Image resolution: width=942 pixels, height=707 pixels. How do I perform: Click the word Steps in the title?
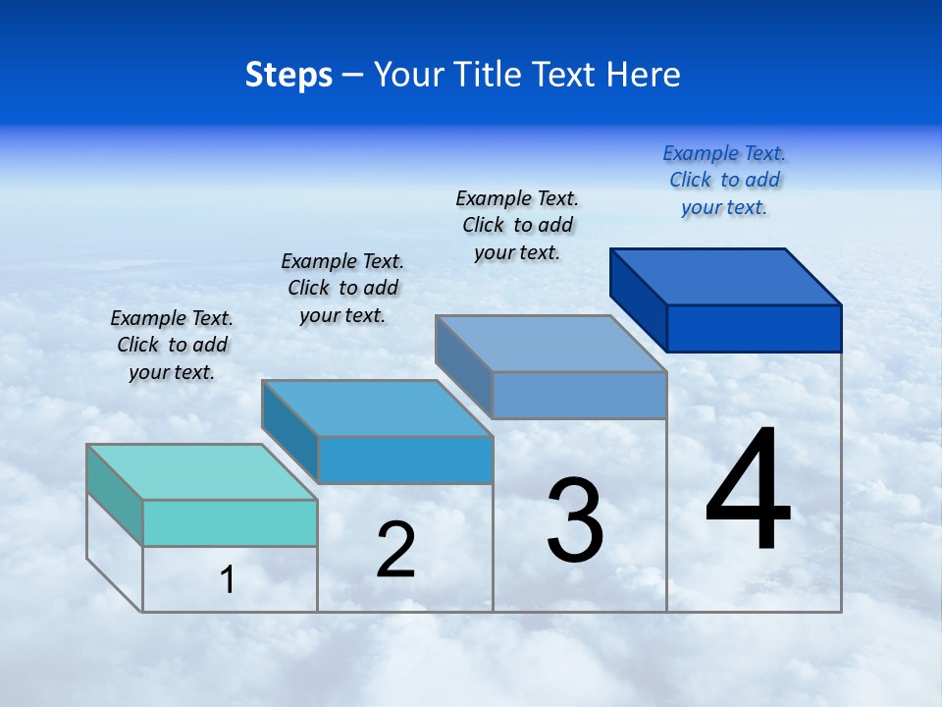tap(288, 75)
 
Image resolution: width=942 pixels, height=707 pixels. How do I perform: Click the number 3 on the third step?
tap(575, 520)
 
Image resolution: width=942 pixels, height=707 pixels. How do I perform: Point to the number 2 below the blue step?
tap(395, 550)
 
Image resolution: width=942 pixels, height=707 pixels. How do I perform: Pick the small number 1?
tap(227, 580)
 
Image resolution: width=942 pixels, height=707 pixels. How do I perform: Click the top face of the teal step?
tap(201, 472)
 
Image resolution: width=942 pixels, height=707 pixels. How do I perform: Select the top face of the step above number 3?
tap(550, 344)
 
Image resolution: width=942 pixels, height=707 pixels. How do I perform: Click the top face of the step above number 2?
tap(377, 408)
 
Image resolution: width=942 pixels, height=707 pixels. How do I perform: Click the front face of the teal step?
tap(230, 522)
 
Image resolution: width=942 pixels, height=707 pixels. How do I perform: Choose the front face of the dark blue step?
tap(754, 328)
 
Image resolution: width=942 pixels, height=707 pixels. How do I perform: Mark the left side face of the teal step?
tap(115, 495)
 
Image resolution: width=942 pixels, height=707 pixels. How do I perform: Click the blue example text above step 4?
tap(724, 180)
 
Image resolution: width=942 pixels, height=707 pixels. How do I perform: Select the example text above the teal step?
tap(172, 345)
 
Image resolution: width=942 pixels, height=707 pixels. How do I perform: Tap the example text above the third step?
tap(517, 225)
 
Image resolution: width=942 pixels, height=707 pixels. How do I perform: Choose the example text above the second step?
tap(342, 288)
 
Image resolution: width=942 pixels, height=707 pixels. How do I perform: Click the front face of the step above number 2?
tap(405, 460)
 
